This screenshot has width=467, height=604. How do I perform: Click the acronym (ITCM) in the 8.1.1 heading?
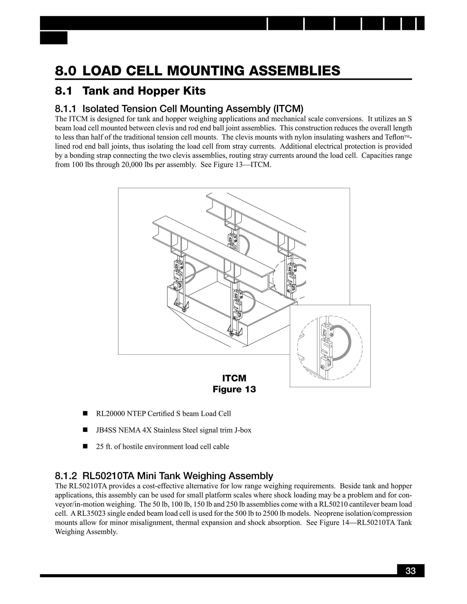288,109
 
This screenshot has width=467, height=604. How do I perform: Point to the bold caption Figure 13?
234,389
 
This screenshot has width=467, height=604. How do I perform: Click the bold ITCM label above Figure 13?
234,378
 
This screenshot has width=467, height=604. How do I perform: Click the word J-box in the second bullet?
242,430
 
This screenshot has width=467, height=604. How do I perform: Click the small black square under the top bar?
54,38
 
